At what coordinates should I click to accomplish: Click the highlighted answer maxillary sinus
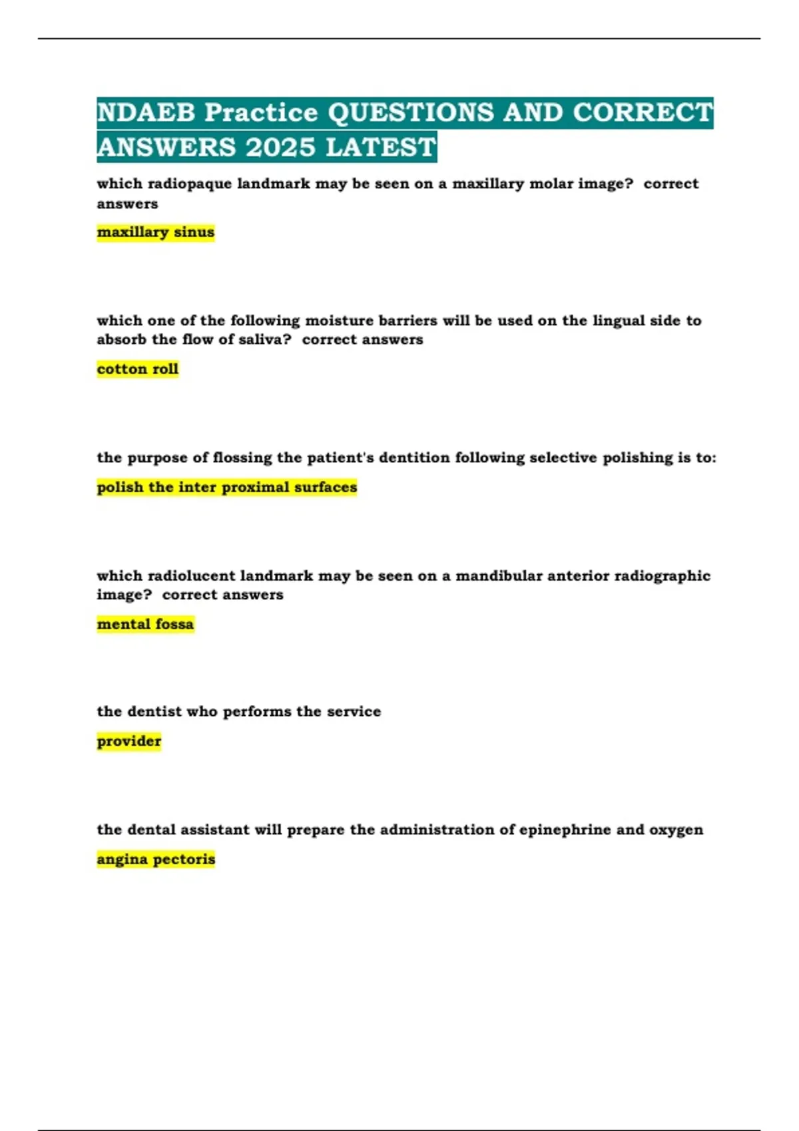click(156, 232)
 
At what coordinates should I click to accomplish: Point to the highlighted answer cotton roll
click(138, 369)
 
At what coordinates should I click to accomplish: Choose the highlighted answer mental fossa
click(145, 624)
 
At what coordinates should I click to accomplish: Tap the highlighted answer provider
click(129, 741)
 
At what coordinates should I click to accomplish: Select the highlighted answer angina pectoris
click(156, 860)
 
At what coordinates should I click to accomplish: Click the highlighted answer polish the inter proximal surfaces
click(227, 487)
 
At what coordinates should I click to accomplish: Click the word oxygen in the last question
click(676, 830)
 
